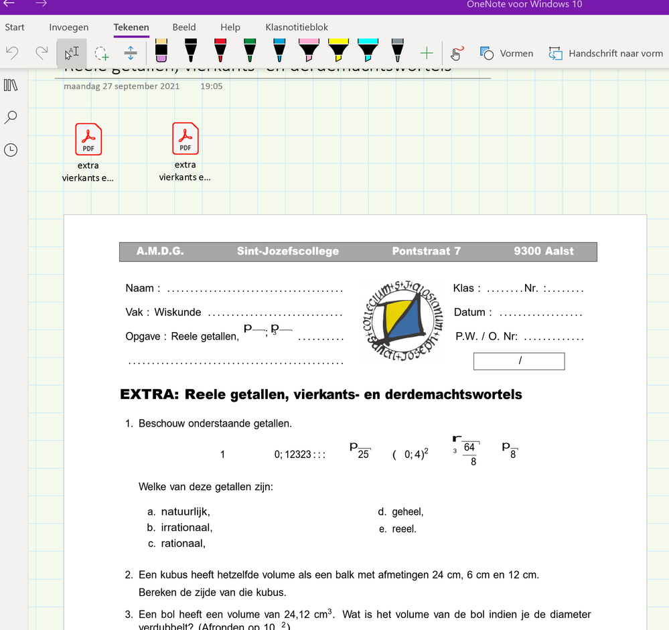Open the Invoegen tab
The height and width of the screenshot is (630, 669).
point(69,27)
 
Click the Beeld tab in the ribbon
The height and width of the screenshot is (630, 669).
point(184,27)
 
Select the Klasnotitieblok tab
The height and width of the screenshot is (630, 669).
point(297,27)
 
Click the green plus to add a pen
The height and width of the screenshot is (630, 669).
point(427,53)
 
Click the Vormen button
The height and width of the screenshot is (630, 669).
point(507,53)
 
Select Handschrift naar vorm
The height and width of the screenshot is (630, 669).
point(605,53)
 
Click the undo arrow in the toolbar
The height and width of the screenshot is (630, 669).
point(12,53)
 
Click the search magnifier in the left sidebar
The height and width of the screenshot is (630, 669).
point(11,117)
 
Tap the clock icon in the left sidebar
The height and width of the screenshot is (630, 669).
point(11,150)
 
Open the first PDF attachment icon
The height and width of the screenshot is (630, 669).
point(88,139)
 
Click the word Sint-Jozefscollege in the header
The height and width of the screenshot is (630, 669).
point(288,252)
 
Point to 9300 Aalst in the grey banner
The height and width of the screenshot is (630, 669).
point(544,252)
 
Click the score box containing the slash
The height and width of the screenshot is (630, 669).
point(519,361)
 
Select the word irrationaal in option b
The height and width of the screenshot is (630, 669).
point(187,528)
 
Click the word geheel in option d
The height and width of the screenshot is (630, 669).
point(408,512)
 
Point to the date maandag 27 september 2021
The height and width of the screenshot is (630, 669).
point(122,86)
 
